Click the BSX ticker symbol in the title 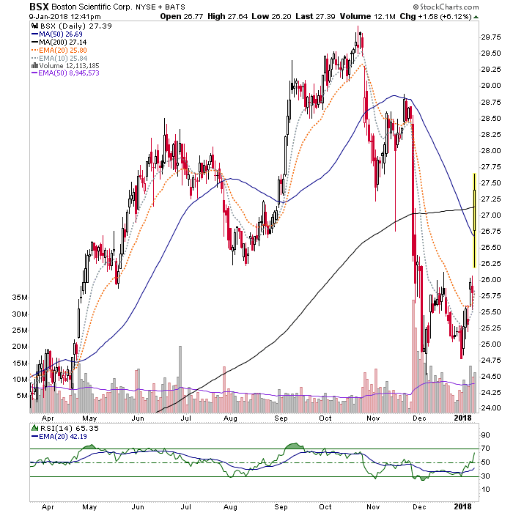pos(39,7)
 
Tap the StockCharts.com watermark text pos(446,7)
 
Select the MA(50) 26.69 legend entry pos(56,34)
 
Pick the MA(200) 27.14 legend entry pos(59,43)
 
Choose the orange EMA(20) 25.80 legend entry pos(59,50)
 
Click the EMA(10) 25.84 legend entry pos(59,58)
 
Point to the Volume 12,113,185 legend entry pos(64,66)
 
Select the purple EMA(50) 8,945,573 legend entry pos(64,73)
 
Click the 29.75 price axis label pos(491,37)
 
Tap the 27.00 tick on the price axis pos(491,215)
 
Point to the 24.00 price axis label pos(491,408)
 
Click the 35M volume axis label pos(20,298)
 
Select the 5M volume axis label pos(22,396)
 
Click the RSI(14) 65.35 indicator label pos(65,428)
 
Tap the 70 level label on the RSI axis pos(485,449)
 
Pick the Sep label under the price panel pos(281,418)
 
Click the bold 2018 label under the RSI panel pos(462,507)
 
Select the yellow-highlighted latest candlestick pos(474,221)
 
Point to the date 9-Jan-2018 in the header pos(47,16)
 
